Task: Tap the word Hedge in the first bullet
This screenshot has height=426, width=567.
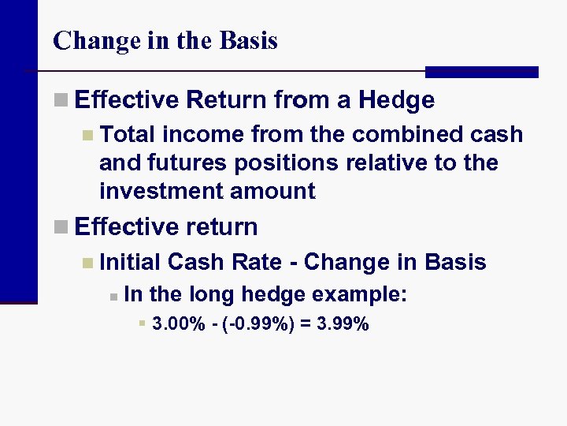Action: [396, 100]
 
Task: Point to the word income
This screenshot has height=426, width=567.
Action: [204, 135]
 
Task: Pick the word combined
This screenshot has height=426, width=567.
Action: [402, 135]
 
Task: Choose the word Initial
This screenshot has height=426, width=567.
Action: [131, 262]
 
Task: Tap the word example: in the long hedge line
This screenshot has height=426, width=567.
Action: [360, 295]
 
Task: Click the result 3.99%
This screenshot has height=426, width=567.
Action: [343, 323]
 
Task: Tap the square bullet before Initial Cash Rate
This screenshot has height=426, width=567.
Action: [87, 263]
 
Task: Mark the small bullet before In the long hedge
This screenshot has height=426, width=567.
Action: [113, 297]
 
